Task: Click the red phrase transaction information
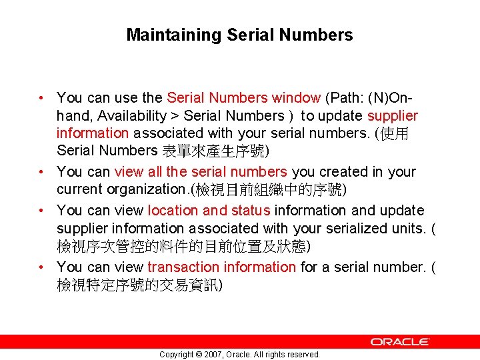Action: pos(221,267)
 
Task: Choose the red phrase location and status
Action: pos(209,211)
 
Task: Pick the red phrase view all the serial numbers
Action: pos(201,172)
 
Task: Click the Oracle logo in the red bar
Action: pos(400,341)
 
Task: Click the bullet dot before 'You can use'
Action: pos(42,99)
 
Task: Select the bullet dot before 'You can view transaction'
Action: pos(42,267)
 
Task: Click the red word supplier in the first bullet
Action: pos(393,116)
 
